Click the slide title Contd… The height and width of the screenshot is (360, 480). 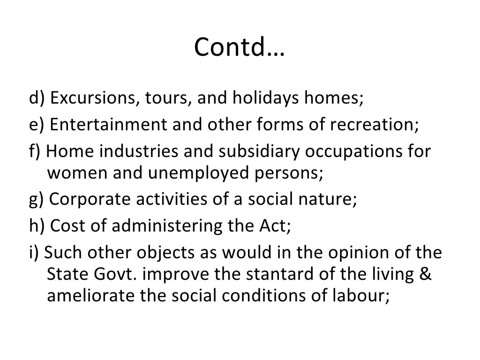[x=240, y=47]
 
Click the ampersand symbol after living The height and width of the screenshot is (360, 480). [x=425, y=274]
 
